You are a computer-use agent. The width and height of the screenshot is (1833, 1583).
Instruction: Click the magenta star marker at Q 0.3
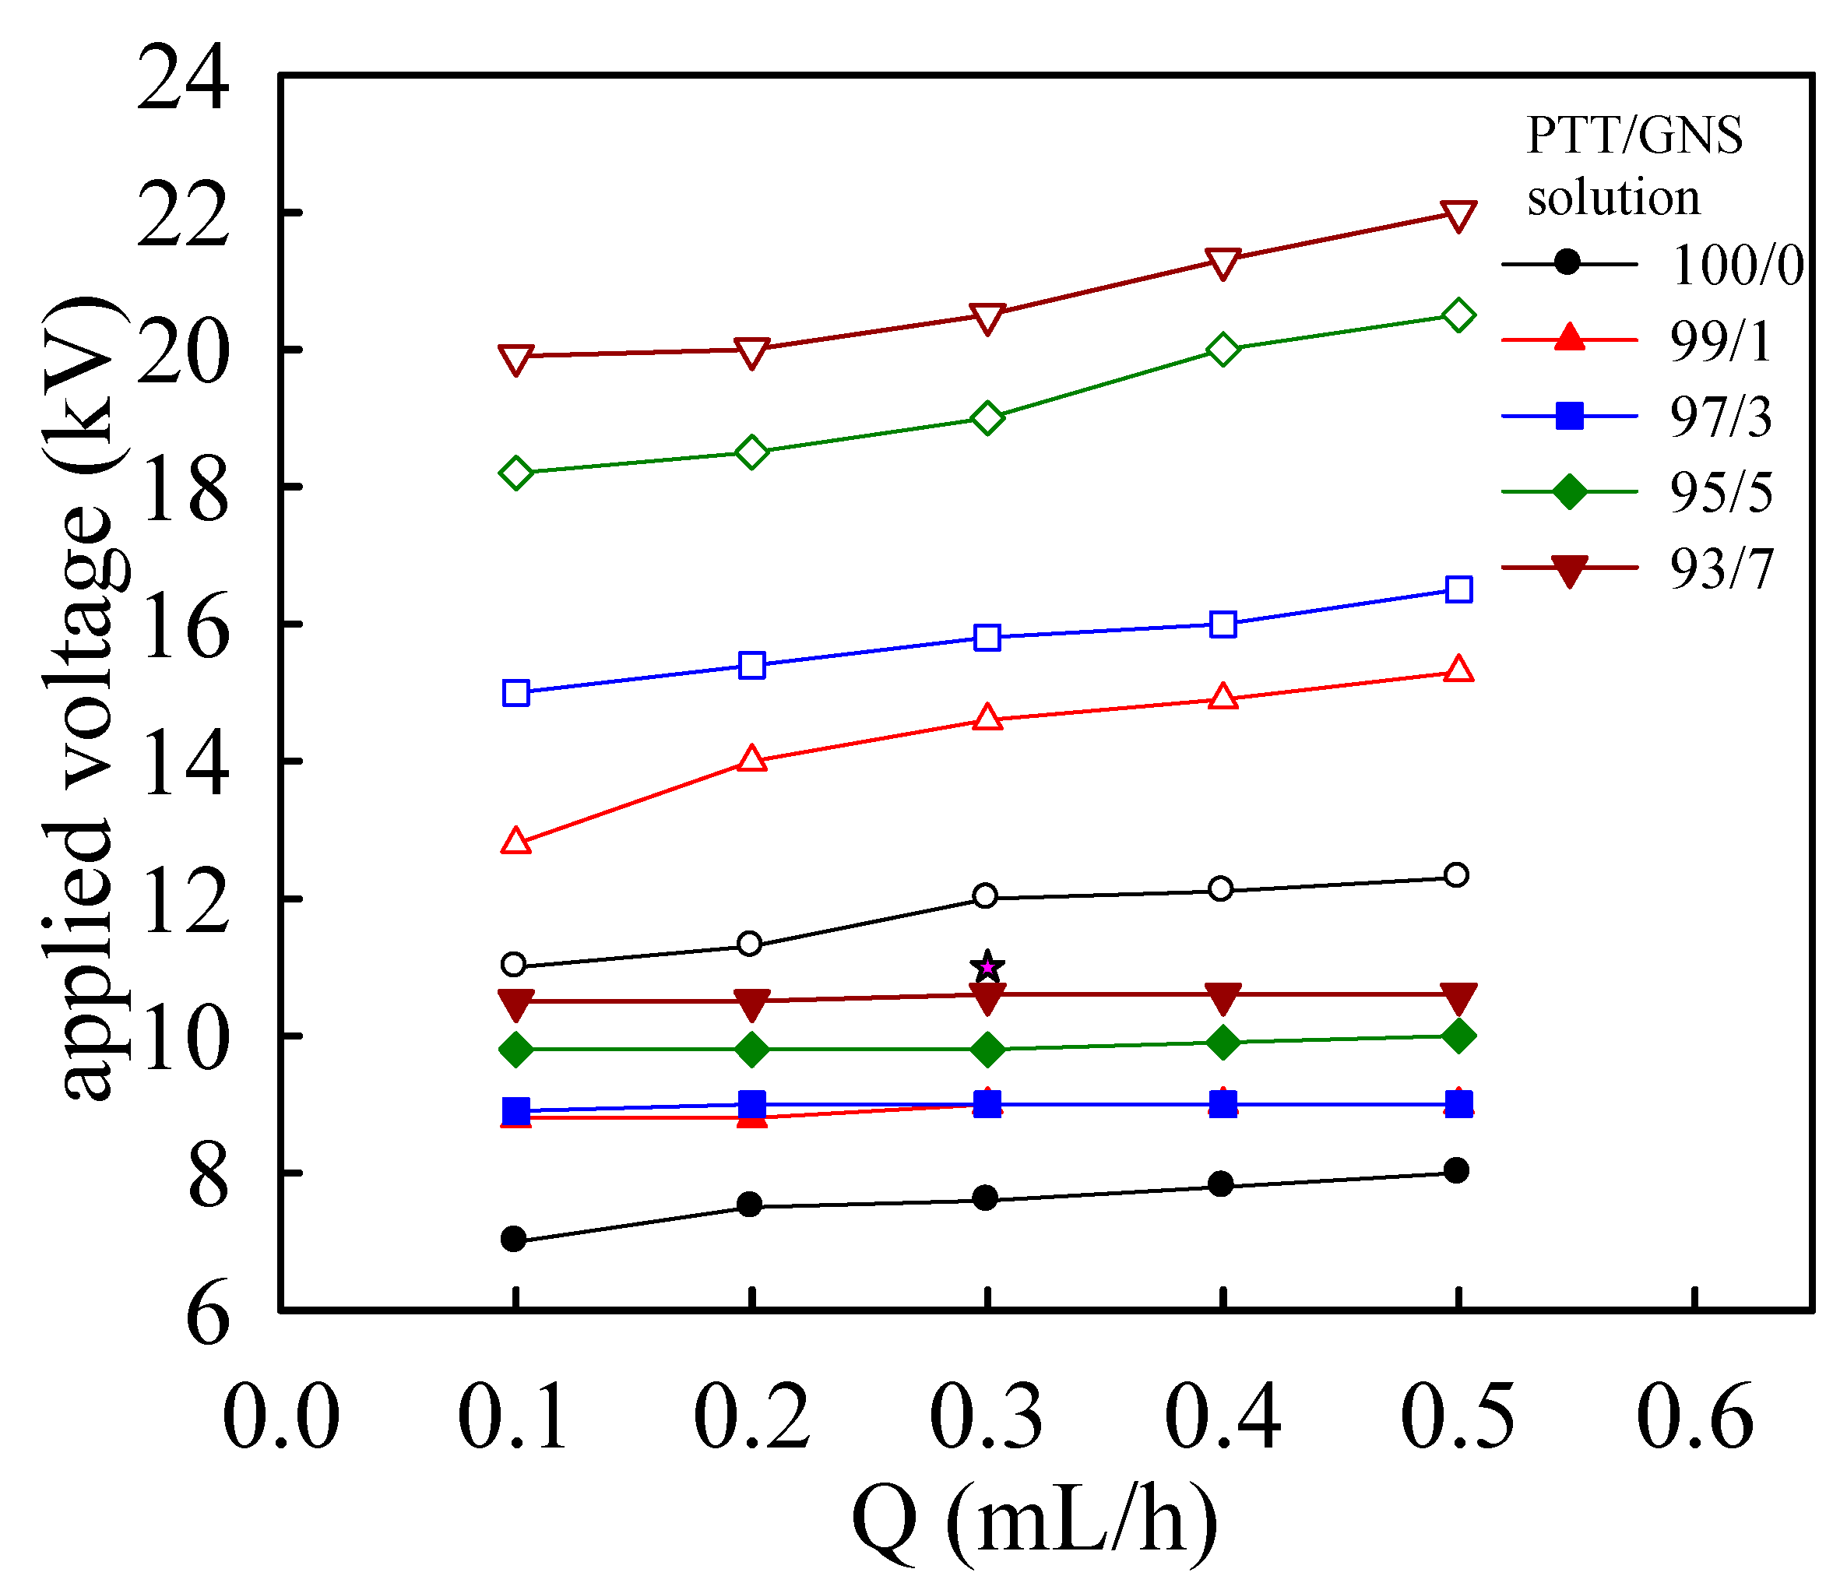tap(987, 966)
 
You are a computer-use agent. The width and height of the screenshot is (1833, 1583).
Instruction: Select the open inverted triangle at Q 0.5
tap(1458, 214)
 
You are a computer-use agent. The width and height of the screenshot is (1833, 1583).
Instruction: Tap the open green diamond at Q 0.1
tap(515, 473)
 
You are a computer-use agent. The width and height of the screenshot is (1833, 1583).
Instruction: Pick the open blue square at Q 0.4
tap(1223, 624)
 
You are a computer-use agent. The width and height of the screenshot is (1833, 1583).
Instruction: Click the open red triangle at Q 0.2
tap(751, 759)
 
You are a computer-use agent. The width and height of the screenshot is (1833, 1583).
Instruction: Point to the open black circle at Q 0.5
tap(1456, 875)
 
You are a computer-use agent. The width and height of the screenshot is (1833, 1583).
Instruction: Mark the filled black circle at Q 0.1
tap(513, 1239)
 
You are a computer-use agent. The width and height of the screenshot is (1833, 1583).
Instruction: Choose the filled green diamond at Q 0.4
tap(1223, 1043)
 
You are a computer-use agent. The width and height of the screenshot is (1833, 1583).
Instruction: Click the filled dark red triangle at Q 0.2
tap(751, 1004)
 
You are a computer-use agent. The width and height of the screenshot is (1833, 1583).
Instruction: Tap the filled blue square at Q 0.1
tap(515, 1110)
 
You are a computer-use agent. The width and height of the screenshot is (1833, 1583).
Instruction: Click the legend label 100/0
tap(1736, 265)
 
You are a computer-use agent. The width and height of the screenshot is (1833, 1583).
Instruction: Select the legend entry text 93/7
tap(1721, 569)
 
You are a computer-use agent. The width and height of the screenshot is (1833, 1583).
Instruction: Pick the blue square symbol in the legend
tap(1568, 416)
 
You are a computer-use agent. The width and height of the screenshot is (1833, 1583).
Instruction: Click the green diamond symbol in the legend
tap(1568, 492)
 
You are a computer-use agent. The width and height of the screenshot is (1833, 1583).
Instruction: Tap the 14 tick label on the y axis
tap(183, 767)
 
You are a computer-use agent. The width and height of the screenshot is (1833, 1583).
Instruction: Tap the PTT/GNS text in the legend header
tap(1634, 136)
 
